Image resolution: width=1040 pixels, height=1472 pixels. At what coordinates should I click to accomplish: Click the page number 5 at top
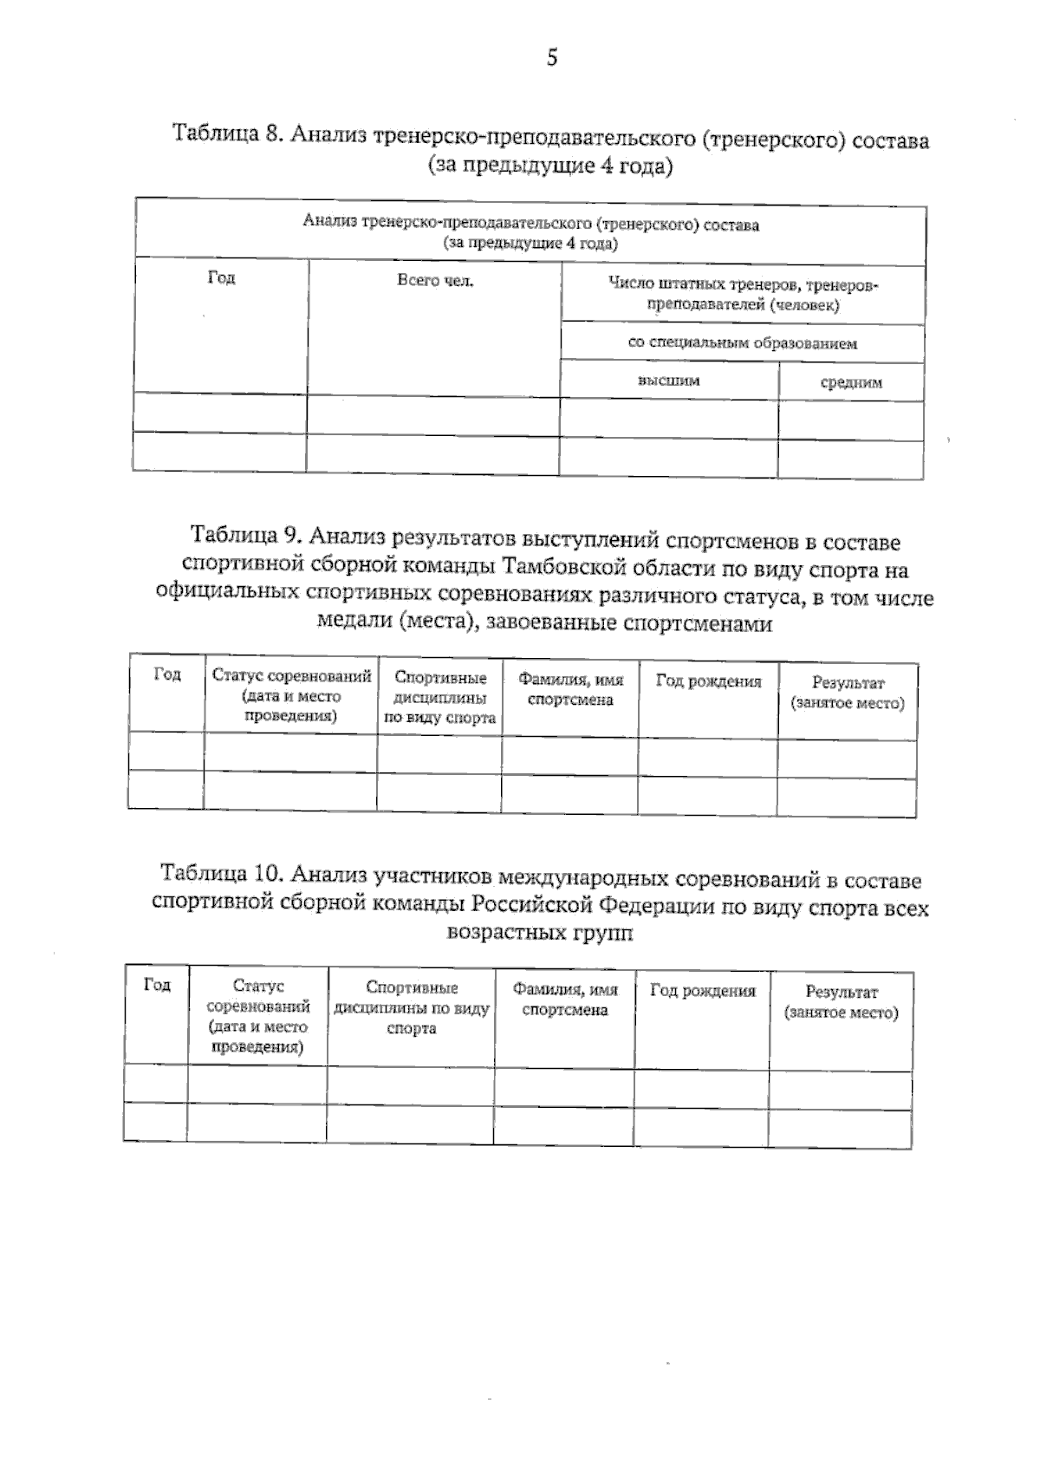pos(552,59)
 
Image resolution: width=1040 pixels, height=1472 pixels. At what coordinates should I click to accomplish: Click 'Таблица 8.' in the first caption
pos(229,134)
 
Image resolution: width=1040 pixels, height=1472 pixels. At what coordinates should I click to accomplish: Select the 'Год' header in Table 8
pos(221,278)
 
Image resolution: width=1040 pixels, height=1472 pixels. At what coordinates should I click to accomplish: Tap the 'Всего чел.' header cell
pos(435,281)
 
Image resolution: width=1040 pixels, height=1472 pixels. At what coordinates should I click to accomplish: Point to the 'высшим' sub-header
pos(668,381)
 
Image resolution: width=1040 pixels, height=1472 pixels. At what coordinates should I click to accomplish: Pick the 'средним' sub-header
pos(851,382)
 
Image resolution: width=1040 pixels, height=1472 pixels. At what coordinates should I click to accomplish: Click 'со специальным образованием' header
pos(743,343)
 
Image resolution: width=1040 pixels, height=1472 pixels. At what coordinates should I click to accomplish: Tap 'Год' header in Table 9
pos(166,674)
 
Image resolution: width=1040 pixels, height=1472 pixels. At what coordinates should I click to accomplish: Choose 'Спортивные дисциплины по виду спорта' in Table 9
pos(439,698)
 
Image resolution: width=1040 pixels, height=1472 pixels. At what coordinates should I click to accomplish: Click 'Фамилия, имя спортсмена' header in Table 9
pos(570,690)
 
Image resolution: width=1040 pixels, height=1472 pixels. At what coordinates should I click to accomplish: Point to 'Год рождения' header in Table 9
pos(708,681)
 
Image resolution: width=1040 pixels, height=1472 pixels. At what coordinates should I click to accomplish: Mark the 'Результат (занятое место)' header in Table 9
pos(847,694)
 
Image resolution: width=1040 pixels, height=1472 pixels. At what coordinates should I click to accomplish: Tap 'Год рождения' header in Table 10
pos(702,991)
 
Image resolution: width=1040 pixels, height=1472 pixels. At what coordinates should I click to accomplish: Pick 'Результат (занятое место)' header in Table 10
pos(841,1002)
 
